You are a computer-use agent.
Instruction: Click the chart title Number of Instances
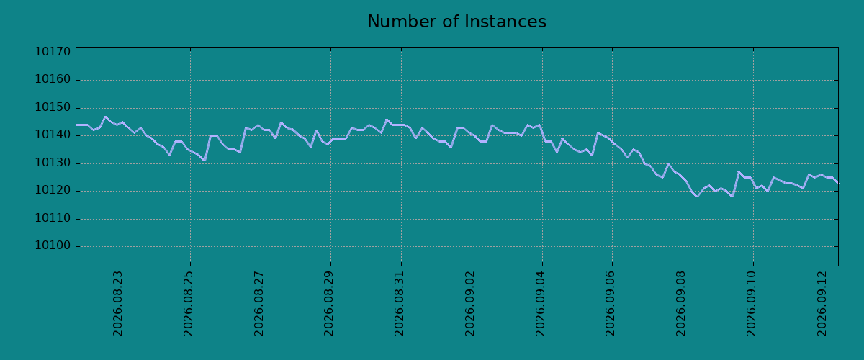(456, 22)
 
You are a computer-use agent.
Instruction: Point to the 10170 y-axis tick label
(53, 52)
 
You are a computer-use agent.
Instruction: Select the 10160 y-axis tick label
(53, 79)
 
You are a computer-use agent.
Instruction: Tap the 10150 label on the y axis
(53, 107)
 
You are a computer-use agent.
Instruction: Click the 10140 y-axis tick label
(53, 135)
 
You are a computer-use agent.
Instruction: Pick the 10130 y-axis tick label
(53, 163)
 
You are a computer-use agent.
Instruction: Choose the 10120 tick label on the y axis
(53, 191)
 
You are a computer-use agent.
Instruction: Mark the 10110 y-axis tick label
(53, 218)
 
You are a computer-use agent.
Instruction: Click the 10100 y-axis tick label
(53, 246)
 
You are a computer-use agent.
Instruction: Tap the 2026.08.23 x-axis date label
(117, 304)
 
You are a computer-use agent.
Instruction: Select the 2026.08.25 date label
(188, 304)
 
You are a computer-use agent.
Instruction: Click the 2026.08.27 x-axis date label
(258, 304)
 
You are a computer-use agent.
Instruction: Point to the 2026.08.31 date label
(399, 304)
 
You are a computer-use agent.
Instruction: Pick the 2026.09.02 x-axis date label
(469, 304)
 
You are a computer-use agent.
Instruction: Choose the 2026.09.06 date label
(611, 304)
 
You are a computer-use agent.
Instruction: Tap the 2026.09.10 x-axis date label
(752, 304)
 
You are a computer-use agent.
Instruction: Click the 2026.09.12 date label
(822, 304)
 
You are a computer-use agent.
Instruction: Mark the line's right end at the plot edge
(838, 182)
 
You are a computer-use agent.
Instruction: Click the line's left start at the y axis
(76, 125)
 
